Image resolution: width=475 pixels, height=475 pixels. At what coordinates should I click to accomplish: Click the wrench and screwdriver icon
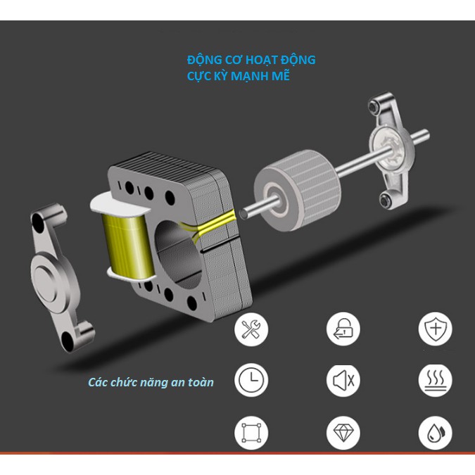pos(251,329)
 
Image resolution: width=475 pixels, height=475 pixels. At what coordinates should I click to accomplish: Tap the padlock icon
pos(343,329)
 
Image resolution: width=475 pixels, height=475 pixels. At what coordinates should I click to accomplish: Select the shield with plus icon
pos(436,329)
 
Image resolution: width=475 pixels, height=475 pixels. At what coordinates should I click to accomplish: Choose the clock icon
pos(251,380)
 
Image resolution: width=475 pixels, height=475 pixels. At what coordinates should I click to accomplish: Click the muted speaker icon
pos(343,380)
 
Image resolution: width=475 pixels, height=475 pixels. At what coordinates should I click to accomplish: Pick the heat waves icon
pos(436,380)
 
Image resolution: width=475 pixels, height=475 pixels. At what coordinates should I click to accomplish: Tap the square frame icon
pos(251,433)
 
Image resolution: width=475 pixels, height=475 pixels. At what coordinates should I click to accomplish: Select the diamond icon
pos(343,433)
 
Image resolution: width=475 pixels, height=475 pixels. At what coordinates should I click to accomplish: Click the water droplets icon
pos(436,433)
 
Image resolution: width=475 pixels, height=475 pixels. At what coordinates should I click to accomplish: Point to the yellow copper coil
pos(127,246)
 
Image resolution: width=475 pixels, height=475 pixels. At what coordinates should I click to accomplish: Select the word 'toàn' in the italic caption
pos(201,382)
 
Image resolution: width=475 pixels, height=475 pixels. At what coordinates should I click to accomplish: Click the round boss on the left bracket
pos(46,279)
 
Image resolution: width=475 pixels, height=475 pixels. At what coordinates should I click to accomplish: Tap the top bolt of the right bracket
pos(374,106)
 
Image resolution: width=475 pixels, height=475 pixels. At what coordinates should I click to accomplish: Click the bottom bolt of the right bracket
pos(386,200)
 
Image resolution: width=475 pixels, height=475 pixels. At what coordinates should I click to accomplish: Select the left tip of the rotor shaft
pos(243,214)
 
